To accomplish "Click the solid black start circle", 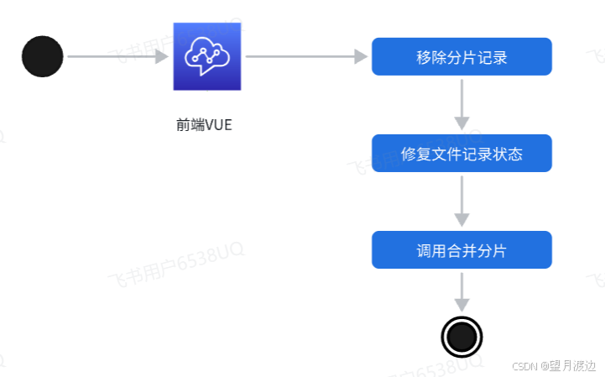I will pos(42,56).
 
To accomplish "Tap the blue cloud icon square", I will pos(207,56).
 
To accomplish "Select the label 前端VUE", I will pos(204,126).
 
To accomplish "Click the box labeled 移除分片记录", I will pos(462,57).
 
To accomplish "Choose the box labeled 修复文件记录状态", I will pos(462,154).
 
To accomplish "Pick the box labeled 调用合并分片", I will pos(462,250).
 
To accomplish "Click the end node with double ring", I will pos(462,337).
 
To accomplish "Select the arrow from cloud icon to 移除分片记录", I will pos(306,56).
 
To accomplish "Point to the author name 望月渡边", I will pos(572,366).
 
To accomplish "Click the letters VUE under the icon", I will pos(217,126).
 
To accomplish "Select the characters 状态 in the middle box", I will pos(508,154).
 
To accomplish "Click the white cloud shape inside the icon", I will pos(207,52).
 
